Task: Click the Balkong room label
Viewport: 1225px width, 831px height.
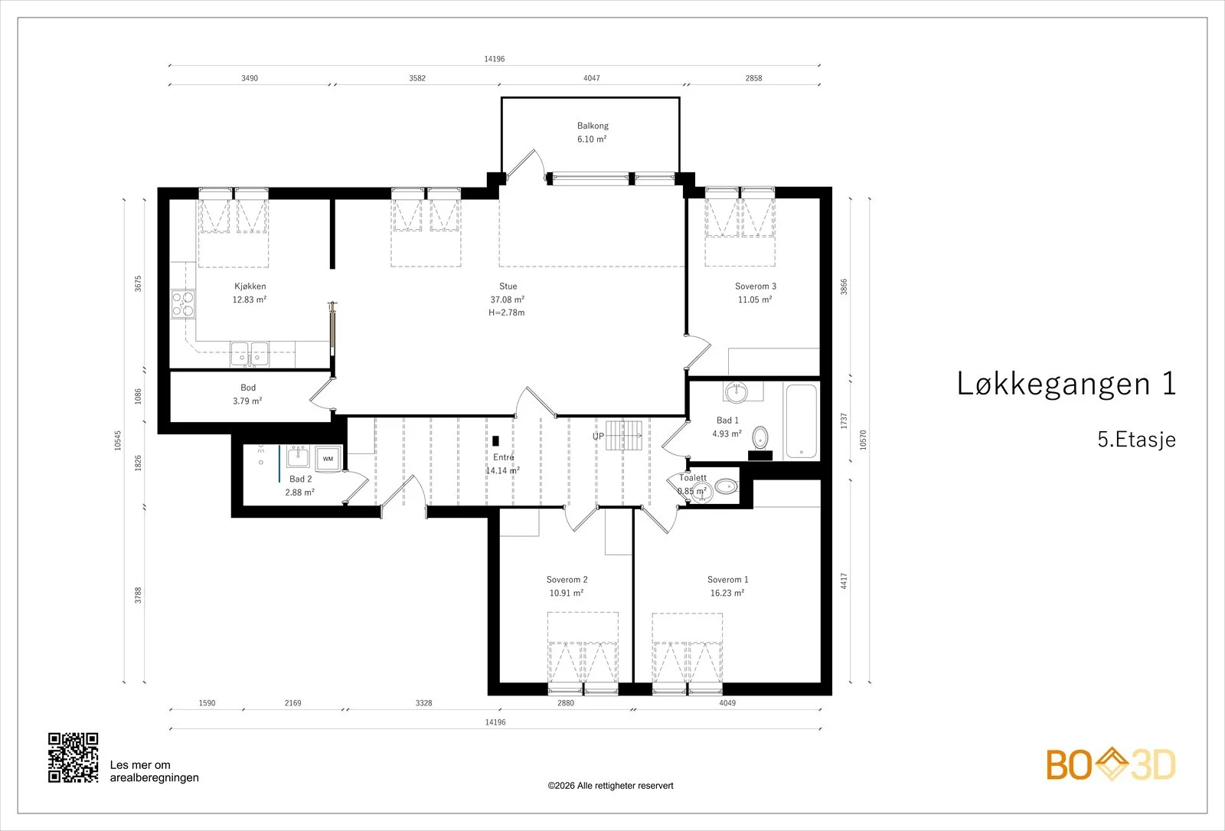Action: coord(593,126)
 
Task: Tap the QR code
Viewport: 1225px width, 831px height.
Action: coord(73,757)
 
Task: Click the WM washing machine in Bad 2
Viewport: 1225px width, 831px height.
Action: coord(328,459)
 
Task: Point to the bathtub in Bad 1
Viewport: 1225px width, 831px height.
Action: coord(801,421)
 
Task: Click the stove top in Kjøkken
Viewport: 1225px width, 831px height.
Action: coord(183,304)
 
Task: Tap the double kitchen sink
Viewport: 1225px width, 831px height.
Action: coord(250,354)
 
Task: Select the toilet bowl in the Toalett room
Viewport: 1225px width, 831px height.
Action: coord(726,486)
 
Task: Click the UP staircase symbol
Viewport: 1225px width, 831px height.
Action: coord(623,436)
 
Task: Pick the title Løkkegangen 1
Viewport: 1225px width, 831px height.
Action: coord(1066,384)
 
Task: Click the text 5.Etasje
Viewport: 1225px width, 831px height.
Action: coord(1136,440)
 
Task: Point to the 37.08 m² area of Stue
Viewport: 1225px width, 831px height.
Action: coord(508,299)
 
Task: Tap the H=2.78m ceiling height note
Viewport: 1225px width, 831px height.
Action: coord(506,312)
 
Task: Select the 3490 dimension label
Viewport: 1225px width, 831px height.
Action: coord(250,78)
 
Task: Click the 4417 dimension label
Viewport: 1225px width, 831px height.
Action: coord(844,581)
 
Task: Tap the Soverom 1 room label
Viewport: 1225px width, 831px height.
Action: coord(727,579)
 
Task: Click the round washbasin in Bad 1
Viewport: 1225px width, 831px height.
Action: coord(736,391)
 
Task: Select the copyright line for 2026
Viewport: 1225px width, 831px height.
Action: coord(610,786)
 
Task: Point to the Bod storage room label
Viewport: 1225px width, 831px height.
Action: coord(248,388)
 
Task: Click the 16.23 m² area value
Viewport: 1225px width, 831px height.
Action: coord(727,593)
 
